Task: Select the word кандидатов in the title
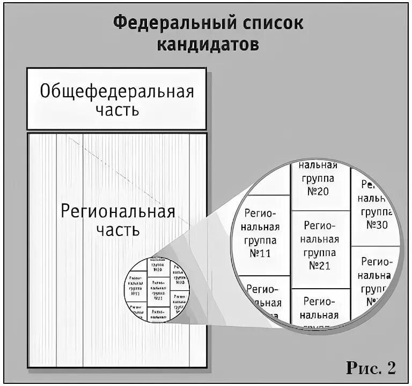pos(208,45)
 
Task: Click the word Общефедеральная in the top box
pos(116,91)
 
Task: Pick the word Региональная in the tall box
pos(118,210)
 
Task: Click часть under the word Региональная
pos(118,230)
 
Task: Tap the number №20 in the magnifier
pos(320,191)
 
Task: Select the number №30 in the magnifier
pos(377,225)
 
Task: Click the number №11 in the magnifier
pos(260,254)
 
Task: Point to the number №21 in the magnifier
pos(320,266)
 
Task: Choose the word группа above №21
pos(320,252)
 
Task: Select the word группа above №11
pos(260,240)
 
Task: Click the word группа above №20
pos(320,178)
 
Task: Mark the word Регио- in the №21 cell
pos(320,225)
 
